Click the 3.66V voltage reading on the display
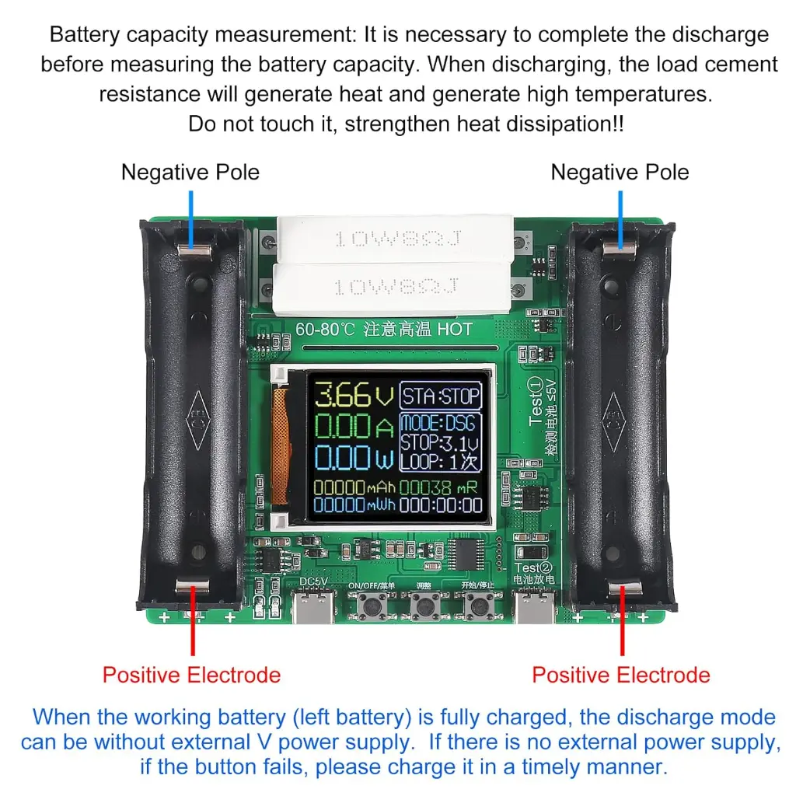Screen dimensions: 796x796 (x=351, y=396)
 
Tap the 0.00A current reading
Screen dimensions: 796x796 (x=351, y=428)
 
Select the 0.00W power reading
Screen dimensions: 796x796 (x=351, y=459)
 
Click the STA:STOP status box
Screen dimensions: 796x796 (x=441, y=396)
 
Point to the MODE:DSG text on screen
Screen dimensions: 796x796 (x=439, y=424)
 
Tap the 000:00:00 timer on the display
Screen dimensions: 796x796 (x=441, y=505)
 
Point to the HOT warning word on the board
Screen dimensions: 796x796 (x=454, y=329)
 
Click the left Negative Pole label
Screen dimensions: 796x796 (x=190, y=172)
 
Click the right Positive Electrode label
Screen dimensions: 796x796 (x=620, y=674)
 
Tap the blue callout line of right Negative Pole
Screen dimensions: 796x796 (x=620, y=214)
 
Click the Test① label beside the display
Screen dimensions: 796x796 (x=536, y=401)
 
